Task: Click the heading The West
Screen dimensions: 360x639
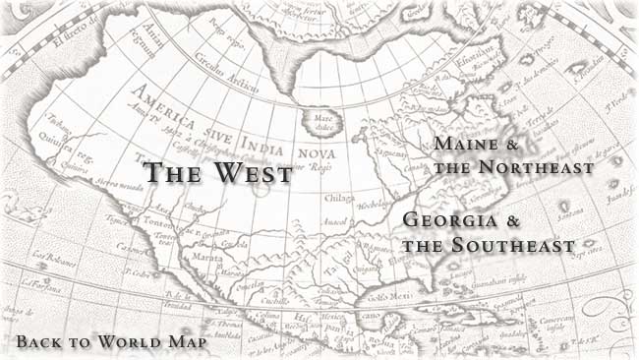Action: [218, 173]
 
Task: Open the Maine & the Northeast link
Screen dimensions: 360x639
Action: [513, 156]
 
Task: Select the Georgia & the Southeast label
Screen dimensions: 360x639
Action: [488, 231]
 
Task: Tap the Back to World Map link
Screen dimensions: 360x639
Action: [111, 342]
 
